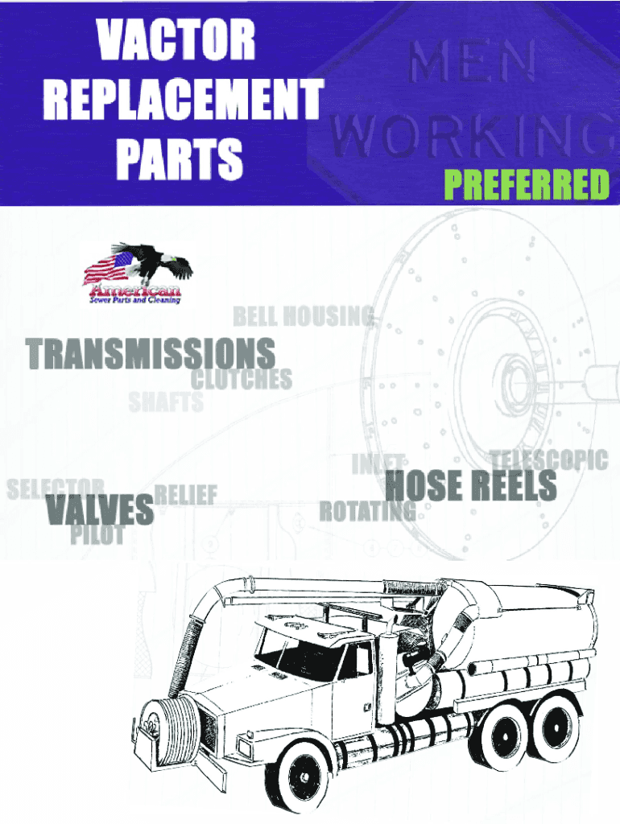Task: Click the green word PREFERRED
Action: pos(527,185)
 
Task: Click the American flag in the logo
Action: pos(109,269)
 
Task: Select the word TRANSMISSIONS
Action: pos(151,354)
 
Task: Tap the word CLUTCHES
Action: pos(241,379)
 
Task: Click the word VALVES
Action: pos(100,509)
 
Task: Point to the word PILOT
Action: pos(97,534)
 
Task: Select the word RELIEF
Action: pos(185,494)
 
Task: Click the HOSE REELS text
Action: pos(471,485)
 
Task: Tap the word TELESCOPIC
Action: pos(549,459)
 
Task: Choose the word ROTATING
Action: pos(368,510)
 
